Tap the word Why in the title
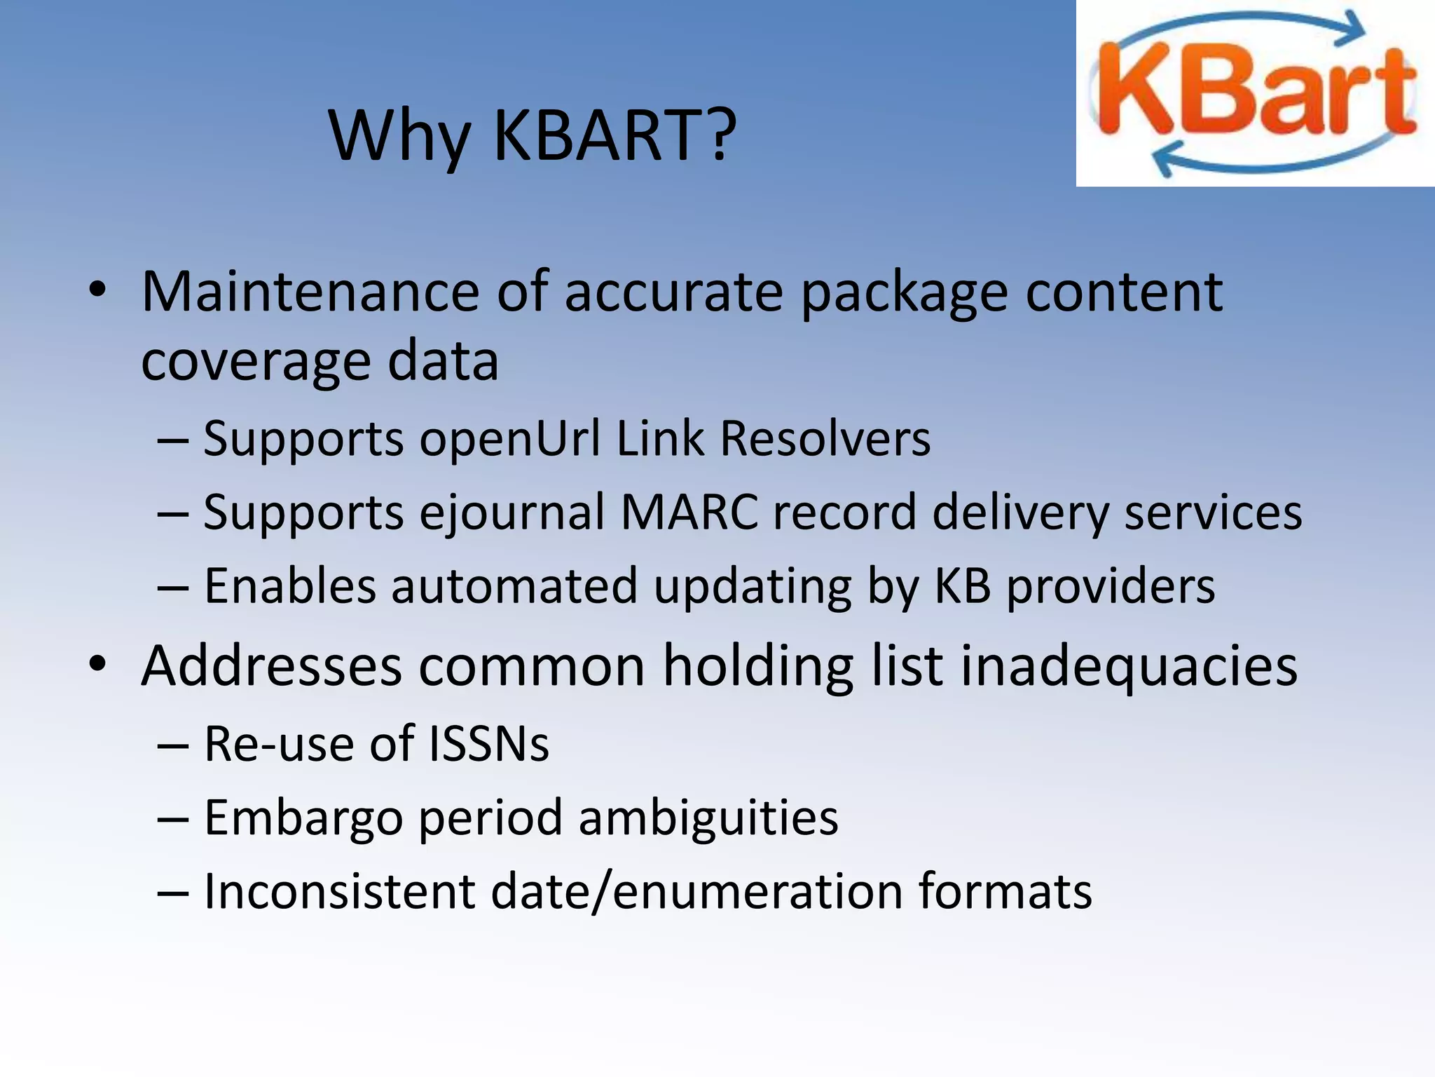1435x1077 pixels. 399,137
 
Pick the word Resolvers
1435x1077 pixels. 825,438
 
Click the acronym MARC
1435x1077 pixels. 689,512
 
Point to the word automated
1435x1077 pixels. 514,586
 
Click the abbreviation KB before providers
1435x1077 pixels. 962,586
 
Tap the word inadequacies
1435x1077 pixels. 1128,666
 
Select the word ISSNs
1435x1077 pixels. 488,744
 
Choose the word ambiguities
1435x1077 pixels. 708,818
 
